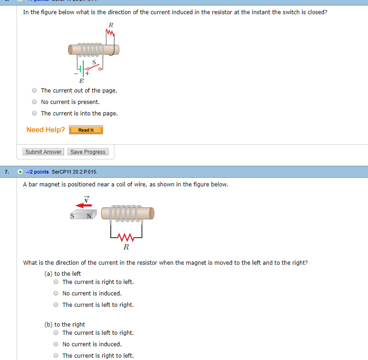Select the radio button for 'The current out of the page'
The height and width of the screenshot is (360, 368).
coord(34,91)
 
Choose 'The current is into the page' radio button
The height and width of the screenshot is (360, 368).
coord(34,113)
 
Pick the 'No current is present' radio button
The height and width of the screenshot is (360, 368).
coord(34,102)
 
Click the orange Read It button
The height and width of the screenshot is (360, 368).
coord(86,130)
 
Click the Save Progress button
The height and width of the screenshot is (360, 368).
coord(88,152)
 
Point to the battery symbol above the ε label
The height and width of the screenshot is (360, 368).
coord(81,69)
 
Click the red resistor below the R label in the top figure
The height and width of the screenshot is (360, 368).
coord(109,33)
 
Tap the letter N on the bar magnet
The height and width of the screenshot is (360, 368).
coord(89,216)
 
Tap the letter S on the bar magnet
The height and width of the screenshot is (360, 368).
coord(72,216)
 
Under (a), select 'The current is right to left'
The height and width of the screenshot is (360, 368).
coord(56,282)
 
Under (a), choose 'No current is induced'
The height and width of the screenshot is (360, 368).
coord(56,294)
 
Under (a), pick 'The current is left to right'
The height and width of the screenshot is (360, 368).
coord(56,305)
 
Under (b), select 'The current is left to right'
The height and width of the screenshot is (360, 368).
coord(56,333)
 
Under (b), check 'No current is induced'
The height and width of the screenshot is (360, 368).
coord(56,344)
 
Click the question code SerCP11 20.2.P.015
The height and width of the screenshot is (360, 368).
coord(75,172)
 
